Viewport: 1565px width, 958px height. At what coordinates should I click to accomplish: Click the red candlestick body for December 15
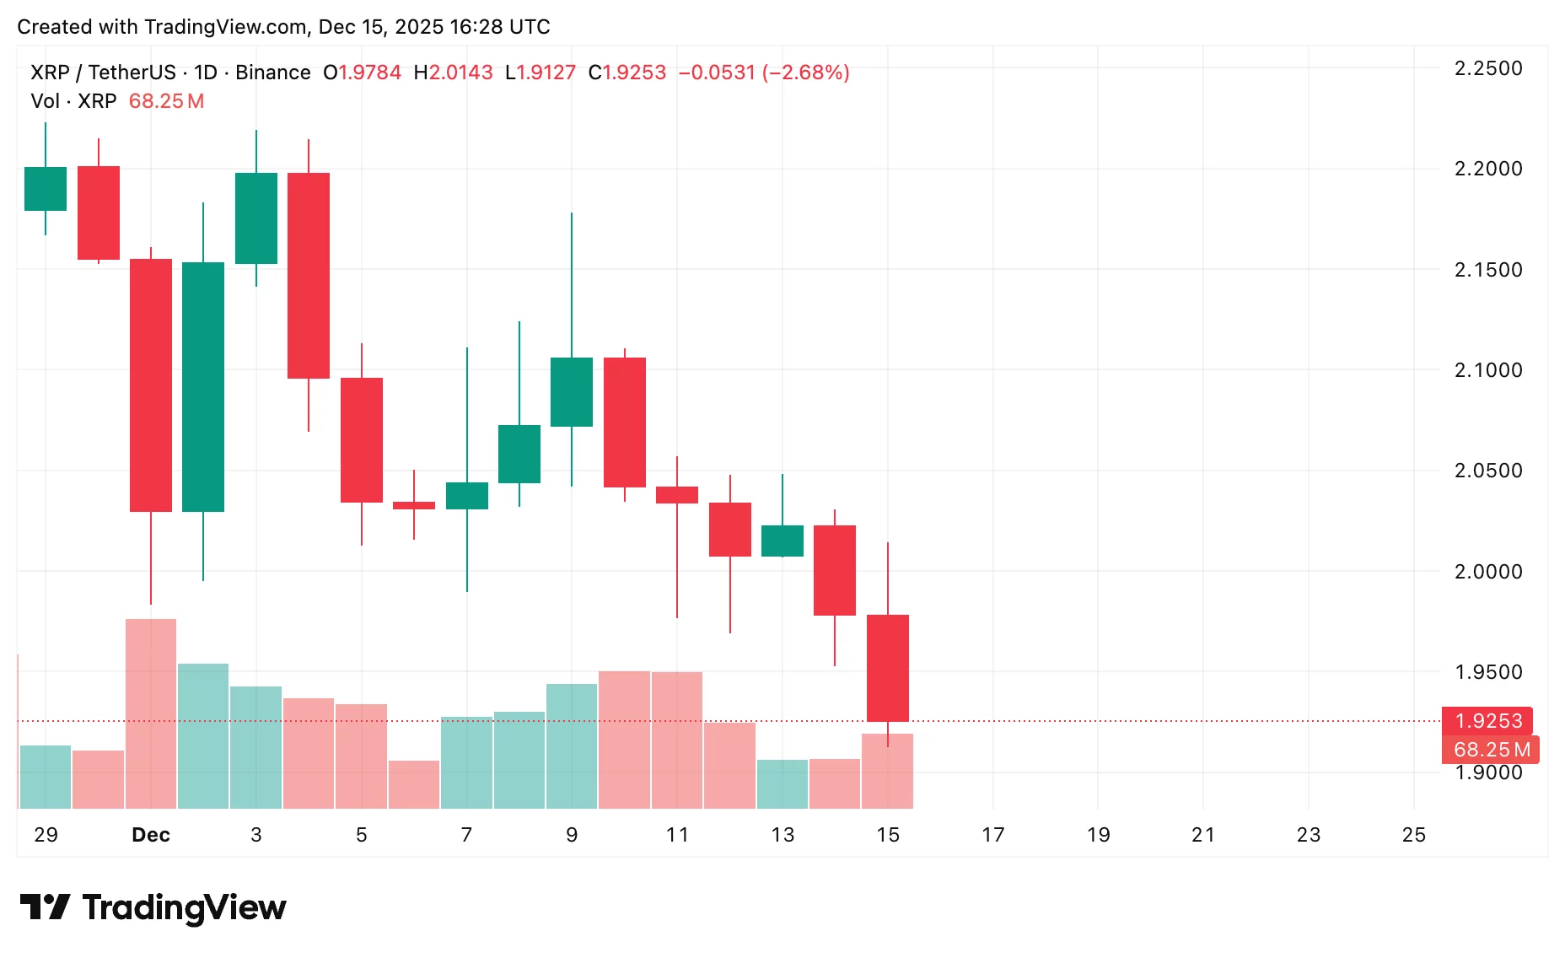point(888,668)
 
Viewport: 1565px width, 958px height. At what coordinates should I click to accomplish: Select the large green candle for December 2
point(203,386)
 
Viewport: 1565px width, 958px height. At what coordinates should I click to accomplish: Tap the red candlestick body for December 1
point(151,385)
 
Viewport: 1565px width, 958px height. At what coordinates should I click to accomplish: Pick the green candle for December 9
point(572,392)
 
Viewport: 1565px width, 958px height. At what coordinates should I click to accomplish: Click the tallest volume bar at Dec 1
point(151,713)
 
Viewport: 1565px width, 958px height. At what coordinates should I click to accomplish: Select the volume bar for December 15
point(888,771)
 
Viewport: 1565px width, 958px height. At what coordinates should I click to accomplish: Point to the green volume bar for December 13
point(782,783)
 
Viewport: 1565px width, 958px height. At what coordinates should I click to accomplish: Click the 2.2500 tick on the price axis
point(1488,68)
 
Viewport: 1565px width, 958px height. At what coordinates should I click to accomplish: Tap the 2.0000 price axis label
point(1488,572)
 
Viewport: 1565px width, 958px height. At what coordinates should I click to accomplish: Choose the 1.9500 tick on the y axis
point(1488,672)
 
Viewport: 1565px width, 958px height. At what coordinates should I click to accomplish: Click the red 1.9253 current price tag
point(1488,721)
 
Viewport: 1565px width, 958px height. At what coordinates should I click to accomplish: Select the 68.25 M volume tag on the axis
point(1491,750)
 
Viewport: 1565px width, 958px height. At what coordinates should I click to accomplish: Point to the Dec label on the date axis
point(151,835)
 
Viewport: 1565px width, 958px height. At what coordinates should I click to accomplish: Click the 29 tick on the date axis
point(46,835)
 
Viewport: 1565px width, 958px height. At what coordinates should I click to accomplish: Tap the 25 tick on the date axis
point(1413,835)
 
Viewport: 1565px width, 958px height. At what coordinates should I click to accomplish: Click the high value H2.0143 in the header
point(453,73)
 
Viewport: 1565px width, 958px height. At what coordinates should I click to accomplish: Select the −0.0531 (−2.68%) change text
point(763,73)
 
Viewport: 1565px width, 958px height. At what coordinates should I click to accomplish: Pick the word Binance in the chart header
point(272,73)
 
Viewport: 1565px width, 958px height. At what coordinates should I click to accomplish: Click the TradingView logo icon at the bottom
point(45,907)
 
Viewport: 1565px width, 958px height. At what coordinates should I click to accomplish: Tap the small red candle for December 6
point(414,506)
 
